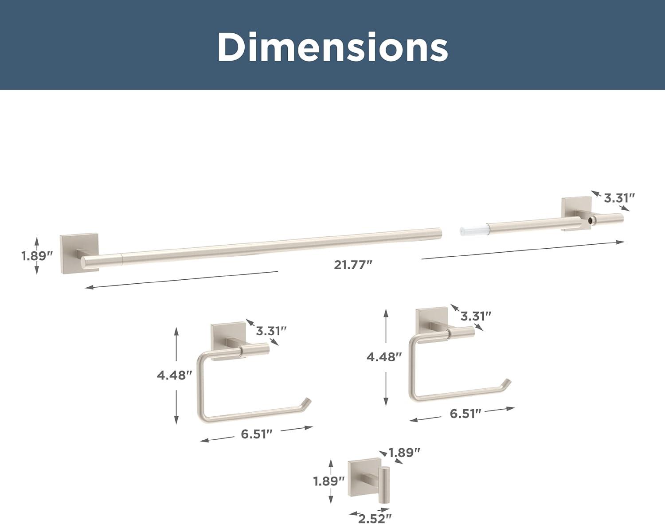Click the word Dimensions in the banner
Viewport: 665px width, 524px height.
pos(332,47)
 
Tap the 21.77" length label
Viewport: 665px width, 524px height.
pos(353,265)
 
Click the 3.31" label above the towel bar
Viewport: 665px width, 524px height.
pos(619,198)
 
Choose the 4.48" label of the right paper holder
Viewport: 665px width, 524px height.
pos(384,357)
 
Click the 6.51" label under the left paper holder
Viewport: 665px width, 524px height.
pos(257,434)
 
